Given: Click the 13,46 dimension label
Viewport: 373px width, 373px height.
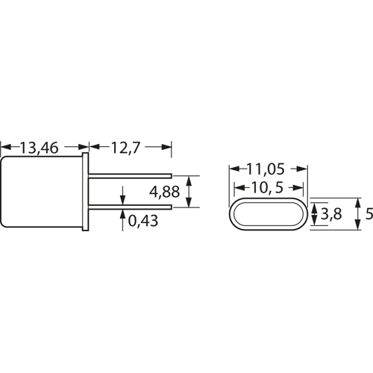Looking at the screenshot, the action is [x=39, y=148].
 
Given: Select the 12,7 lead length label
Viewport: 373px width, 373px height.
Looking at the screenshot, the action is [x=125, y=148].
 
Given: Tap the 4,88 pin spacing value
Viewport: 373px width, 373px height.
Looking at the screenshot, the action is [x=164, y=192].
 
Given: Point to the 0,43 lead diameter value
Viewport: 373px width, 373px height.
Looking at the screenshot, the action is [x=143, y=221].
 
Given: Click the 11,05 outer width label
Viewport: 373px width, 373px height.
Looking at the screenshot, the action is [x=266, y=169].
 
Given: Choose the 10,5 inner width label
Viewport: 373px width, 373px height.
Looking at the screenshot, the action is [x=267, y=187].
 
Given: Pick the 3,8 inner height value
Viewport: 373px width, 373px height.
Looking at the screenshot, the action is [x=331, y=213].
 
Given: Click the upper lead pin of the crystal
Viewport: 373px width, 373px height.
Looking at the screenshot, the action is [x=130, y=176].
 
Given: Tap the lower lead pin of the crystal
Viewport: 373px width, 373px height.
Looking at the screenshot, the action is [x=130, y=207].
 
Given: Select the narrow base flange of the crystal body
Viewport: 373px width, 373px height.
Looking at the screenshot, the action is [x=85, y=192].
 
